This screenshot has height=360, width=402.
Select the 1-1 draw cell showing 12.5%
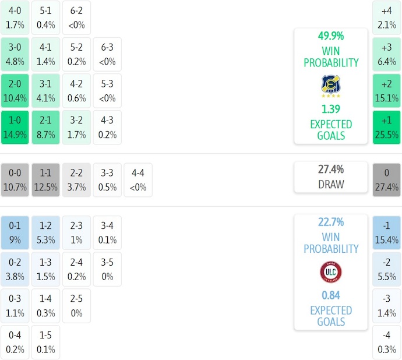pos(45,180)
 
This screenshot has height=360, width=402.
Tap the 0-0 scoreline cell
pos(15,180)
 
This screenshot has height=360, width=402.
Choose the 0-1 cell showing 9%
pos(15,232)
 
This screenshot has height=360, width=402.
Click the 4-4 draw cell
pos(138,180)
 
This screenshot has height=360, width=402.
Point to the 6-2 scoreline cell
pos(76,17)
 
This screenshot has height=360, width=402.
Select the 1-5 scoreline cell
pos(45,343)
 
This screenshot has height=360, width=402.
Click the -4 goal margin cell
pos(386,343)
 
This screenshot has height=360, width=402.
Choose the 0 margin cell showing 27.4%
pos(386,180)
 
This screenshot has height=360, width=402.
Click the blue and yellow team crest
pos(330,86)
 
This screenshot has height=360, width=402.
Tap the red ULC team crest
pos(330,272)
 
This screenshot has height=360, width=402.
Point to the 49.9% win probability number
pos(330,36)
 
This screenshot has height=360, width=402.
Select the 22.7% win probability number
pos(330,223)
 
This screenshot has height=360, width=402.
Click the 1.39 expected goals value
pos(330,109)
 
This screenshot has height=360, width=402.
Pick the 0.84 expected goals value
pos(330,295)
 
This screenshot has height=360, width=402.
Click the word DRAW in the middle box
pos(330,185)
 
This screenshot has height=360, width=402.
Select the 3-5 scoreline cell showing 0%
pos(107,269)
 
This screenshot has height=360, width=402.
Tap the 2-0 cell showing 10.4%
pos(15,91)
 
